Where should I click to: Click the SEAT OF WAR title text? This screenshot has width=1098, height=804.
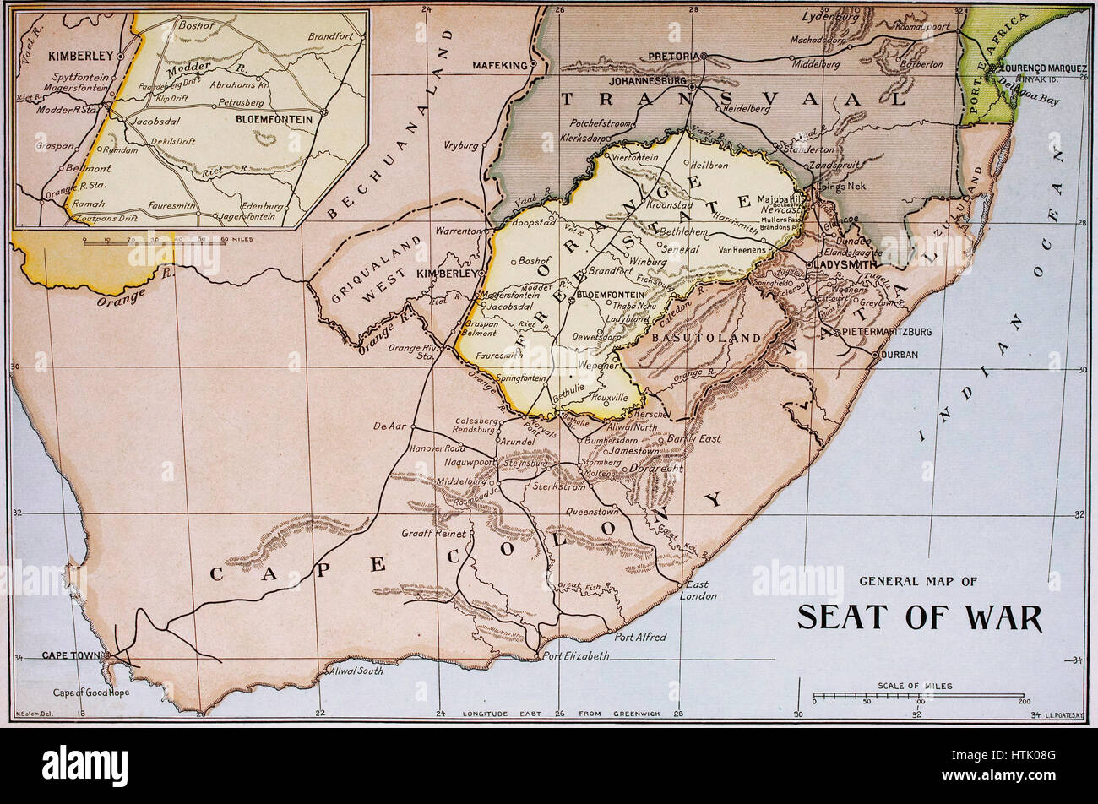coord(920,617)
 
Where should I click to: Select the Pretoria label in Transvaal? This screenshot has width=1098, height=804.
coord(672,56)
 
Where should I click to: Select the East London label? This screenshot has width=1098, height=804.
coord(698,589)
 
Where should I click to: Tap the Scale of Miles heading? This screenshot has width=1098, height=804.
coord(915,686)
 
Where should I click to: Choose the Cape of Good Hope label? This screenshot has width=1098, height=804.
coord(91,693)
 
